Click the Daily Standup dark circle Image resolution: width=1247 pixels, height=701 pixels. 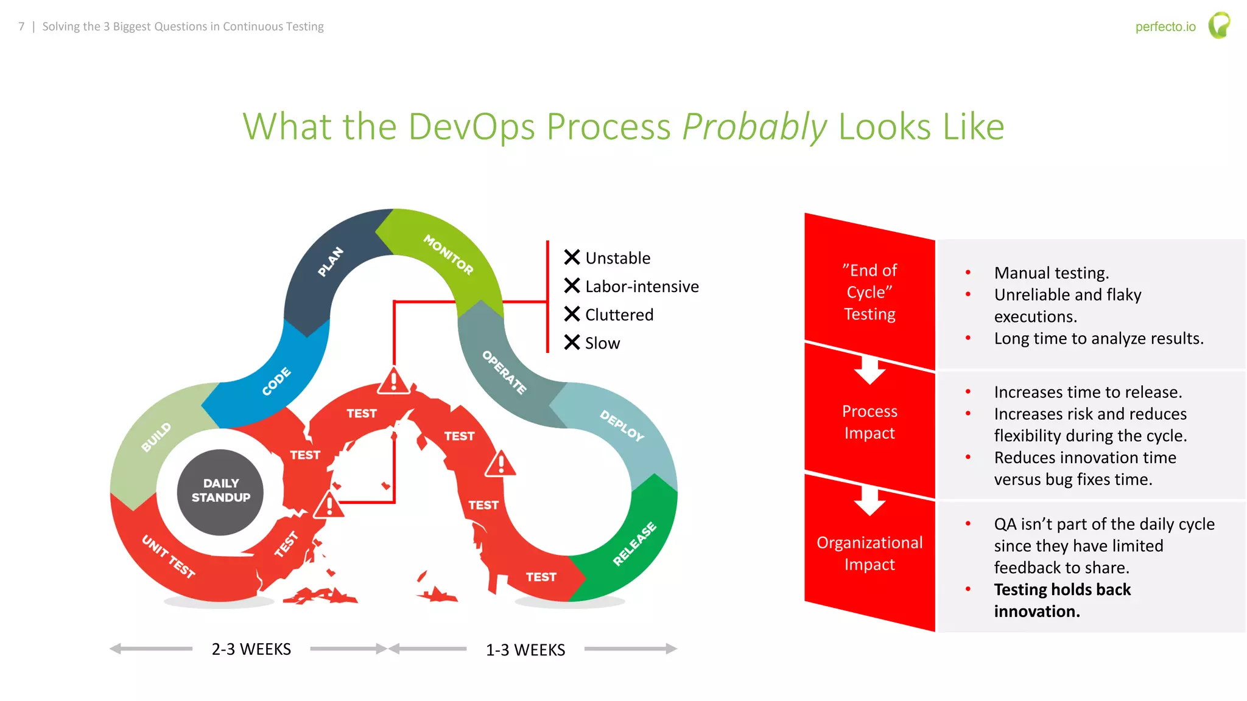tap(220, 492)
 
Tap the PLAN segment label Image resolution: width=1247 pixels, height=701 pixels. tap(331, 262)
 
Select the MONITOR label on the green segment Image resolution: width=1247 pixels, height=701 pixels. tap(448, 254)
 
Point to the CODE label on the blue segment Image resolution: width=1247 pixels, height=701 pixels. tap(276, 382)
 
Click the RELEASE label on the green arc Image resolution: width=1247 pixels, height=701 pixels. tap(634, 543)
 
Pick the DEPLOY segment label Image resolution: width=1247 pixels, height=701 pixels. tap(622, 425)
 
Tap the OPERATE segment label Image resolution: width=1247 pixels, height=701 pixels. tap(504, 372)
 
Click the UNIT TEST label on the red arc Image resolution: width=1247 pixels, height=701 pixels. tap(169, 556)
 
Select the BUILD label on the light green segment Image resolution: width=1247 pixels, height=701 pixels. tap(156, 437)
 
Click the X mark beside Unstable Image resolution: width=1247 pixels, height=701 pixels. tap(572, 257)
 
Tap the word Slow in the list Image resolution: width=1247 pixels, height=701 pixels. tap(602, 344)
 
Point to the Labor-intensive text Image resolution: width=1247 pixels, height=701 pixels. tap(642, 287)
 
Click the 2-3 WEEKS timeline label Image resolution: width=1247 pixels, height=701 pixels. tap(251, 649)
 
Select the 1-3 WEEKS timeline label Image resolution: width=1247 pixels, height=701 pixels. tap(525, 650)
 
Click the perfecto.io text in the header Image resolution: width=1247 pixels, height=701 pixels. tap(1165, 27)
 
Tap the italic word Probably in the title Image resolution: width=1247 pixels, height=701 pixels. tap(754, 127)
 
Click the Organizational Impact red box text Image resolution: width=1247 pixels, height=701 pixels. tap(869, 553)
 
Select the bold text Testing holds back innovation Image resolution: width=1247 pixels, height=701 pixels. tap(1062, 600)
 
